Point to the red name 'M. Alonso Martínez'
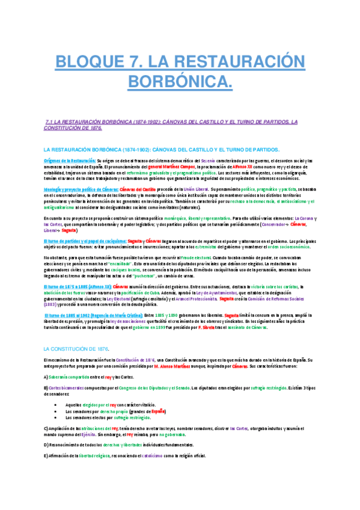point(176,366)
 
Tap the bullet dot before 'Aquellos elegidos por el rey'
point(56,405)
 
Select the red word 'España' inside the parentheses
point(156,411)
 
